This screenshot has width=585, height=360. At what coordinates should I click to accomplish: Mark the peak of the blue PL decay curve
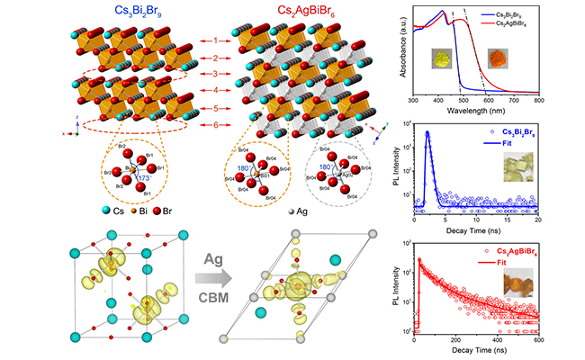click(427, 133)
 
